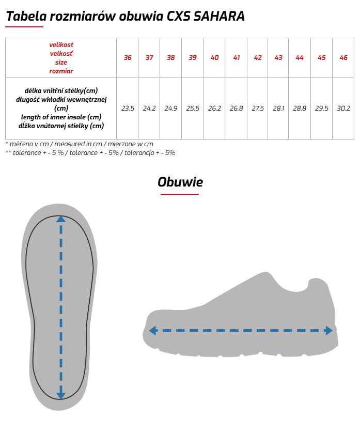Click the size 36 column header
tap(128, 57)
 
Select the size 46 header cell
tap(343, 57)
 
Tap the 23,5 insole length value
tap(128, 109)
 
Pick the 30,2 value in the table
tap(343, 109)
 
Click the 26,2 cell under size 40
tap(214, 109)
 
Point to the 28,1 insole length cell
tap(278, 109)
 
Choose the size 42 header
tap(258, 57)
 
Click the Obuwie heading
tap(180, 182)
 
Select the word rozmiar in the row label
tap(61, 71)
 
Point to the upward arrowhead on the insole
tap(61, 219)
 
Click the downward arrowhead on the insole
tap(61, 394)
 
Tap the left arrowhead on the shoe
tap(153, 331)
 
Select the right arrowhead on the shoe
tap(328, 331)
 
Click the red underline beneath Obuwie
tap(180, 194)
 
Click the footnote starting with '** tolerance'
tap(90, 152)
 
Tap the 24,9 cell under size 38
tap(171, 109)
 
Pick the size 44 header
tap(300, 57)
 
